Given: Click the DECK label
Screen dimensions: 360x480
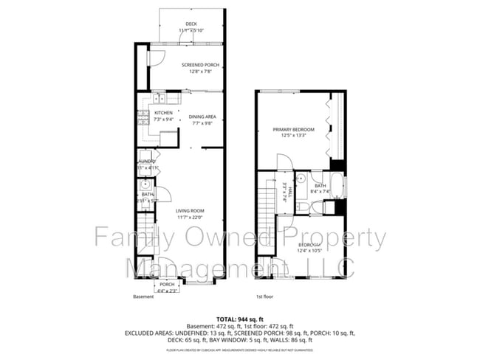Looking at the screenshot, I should [x=191, y=24].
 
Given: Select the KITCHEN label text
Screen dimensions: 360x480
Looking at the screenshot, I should [x=163, y=112].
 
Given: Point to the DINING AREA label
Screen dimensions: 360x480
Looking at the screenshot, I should [x=202, y=117].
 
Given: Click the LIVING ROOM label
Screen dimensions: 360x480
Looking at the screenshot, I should [x=190, y=210].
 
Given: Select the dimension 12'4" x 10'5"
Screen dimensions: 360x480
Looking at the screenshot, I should [x=310, y=251].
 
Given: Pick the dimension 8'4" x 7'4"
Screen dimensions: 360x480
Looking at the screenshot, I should [x=319, y=192].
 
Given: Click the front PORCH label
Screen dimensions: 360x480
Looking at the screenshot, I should [x=167, y=284].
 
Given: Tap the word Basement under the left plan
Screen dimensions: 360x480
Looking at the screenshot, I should [x=143, y=297].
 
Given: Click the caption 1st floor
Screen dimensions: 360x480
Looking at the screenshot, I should [x=265, y=297].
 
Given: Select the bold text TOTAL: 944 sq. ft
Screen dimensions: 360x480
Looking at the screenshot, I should [x=239, y=318].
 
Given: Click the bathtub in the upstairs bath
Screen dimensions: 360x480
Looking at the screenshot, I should [x=337, y=187].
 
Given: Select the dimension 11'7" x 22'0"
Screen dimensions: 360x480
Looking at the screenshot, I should [x=190, y=217].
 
